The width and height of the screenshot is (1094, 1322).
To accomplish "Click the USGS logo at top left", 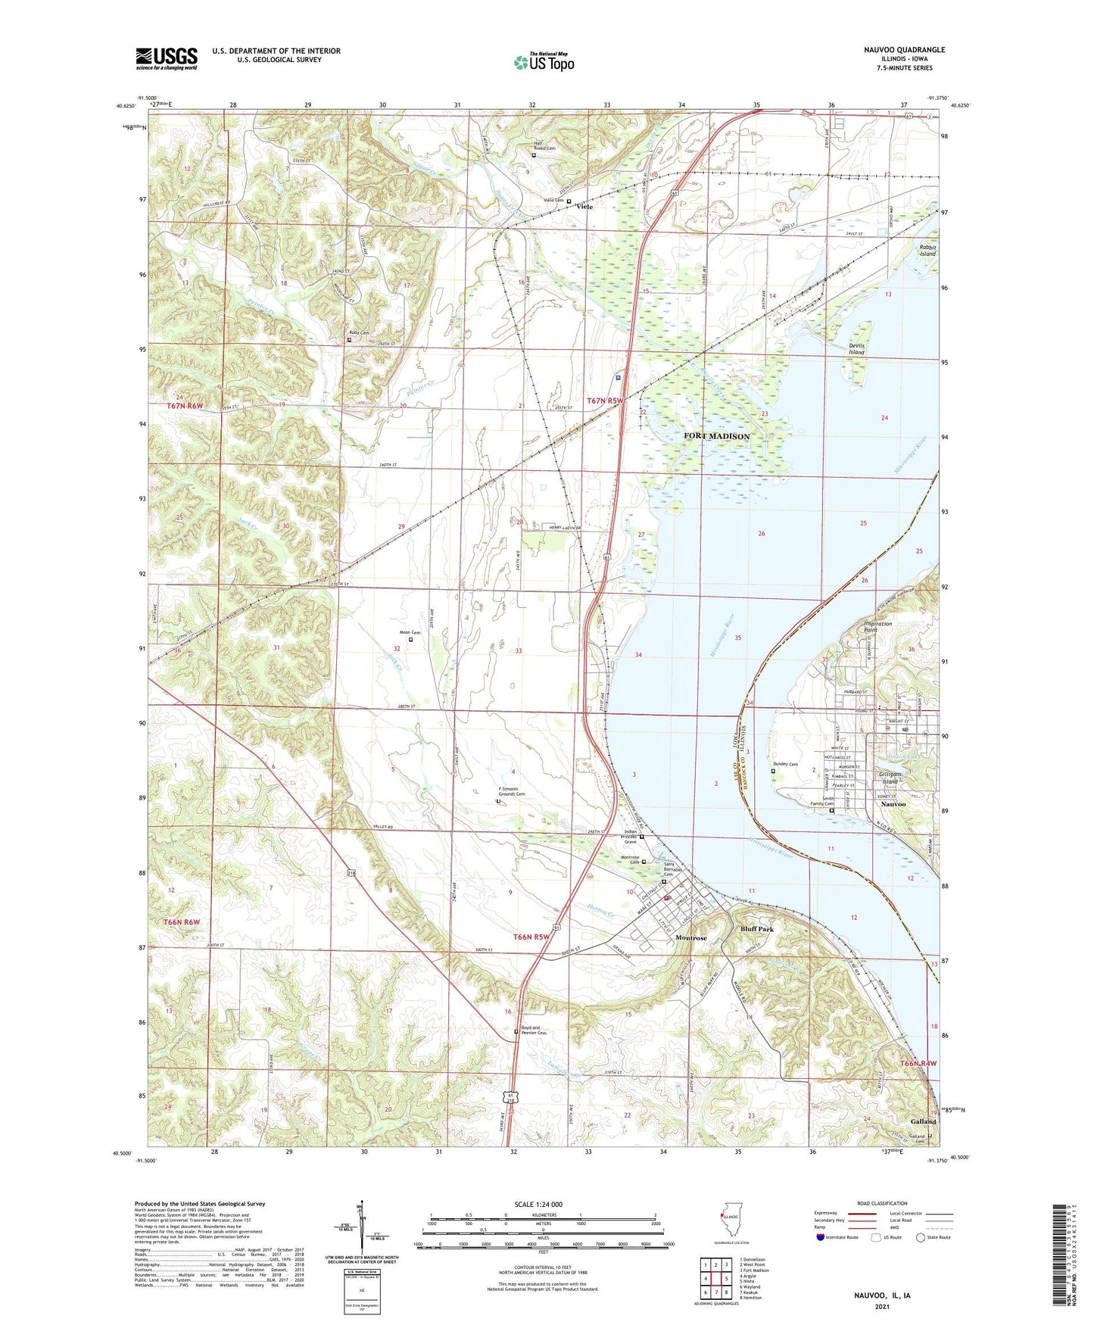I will coord(167,58).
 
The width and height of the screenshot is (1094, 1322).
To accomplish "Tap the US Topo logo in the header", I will coord(544,62).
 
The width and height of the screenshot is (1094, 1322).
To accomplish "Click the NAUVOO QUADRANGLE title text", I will coord(904,50).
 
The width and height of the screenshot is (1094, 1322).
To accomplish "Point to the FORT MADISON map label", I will coord(716,436).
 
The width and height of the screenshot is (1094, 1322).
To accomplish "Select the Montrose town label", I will coord(690,937).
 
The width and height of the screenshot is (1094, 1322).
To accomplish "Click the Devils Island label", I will coord(856,349).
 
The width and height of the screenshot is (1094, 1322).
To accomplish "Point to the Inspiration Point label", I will coord(877,627).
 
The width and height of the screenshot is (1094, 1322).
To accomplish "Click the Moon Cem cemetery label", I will coord(410,632).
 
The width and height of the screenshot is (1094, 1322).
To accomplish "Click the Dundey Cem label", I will coord(784,764).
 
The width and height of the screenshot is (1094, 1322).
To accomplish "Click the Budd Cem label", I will coord(359,333).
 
